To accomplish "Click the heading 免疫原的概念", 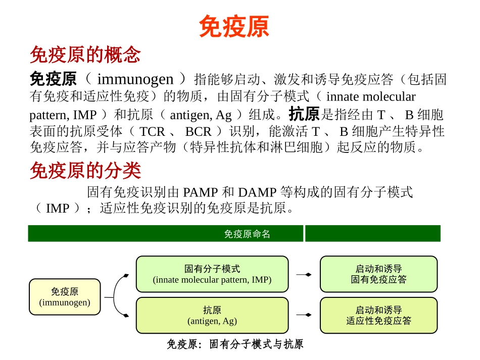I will (85, 55).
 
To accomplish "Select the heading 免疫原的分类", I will (85, 171).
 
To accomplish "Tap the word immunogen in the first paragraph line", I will (135, 79).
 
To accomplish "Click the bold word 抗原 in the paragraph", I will (304, 114).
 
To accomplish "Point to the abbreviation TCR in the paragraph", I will (152, 132).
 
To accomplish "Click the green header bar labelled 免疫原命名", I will (166, 234).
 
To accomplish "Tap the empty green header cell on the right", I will (372, 234).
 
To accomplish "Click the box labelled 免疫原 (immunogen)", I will (65, 297).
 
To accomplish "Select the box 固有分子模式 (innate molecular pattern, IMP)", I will (212, 274).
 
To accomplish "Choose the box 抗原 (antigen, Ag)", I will (212, 315).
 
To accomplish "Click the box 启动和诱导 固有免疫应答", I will (378, 274).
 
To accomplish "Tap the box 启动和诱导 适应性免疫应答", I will (378, 315).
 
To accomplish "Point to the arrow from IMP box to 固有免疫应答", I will (304, 274).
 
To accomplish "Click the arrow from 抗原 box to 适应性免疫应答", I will (304, 315).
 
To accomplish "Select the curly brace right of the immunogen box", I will (118, 296).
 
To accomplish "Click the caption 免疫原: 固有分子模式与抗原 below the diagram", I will (235, 345).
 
